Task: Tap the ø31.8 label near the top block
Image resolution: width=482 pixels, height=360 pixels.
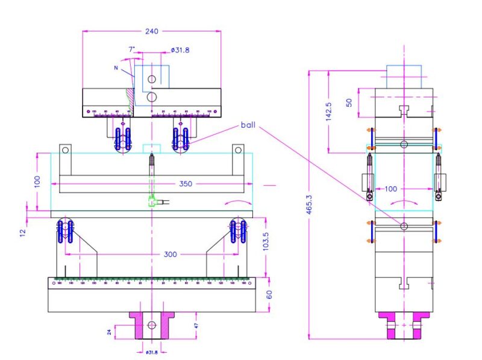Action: coord(181,50)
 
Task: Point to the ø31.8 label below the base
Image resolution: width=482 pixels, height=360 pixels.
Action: coord(151,352)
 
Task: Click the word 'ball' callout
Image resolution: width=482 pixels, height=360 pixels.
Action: coord(248,125)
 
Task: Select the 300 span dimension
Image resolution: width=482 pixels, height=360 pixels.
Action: coord(171,254)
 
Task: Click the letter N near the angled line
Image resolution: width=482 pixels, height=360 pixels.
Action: coord(116,68)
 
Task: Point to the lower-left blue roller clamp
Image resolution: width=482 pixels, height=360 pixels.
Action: coord(66,232)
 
